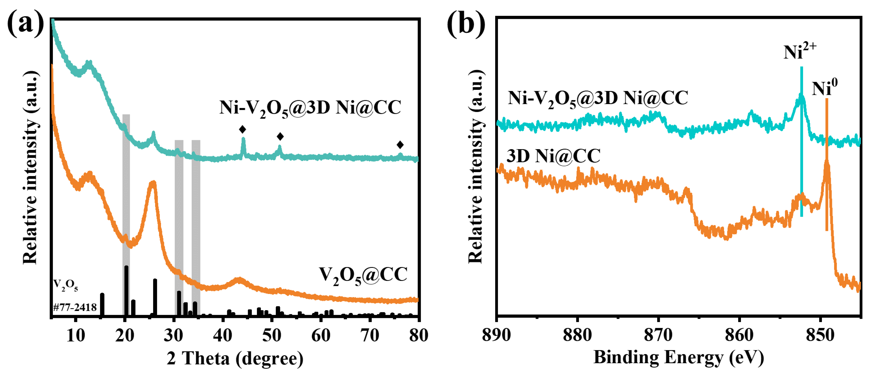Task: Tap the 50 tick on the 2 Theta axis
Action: (272, 335)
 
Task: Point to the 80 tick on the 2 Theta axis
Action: (418, 335)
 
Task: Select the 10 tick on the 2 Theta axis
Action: (76, 335)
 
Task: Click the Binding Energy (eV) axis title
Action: (679, 357)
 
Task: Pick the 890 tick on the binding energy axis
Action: (497, 335)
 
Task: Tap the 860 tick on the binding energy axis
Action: (739, 335)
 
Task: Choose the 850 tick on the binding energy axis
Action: (820, 335)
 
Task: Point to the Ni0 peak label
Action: (824, 88)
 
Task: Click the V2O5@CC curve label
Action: (363, 275)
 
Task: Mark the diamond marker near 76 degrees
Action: (400, 145)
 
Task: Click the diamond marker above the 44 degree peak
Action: (242, 129)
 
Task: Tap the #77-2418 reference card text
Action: (75, 307)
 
